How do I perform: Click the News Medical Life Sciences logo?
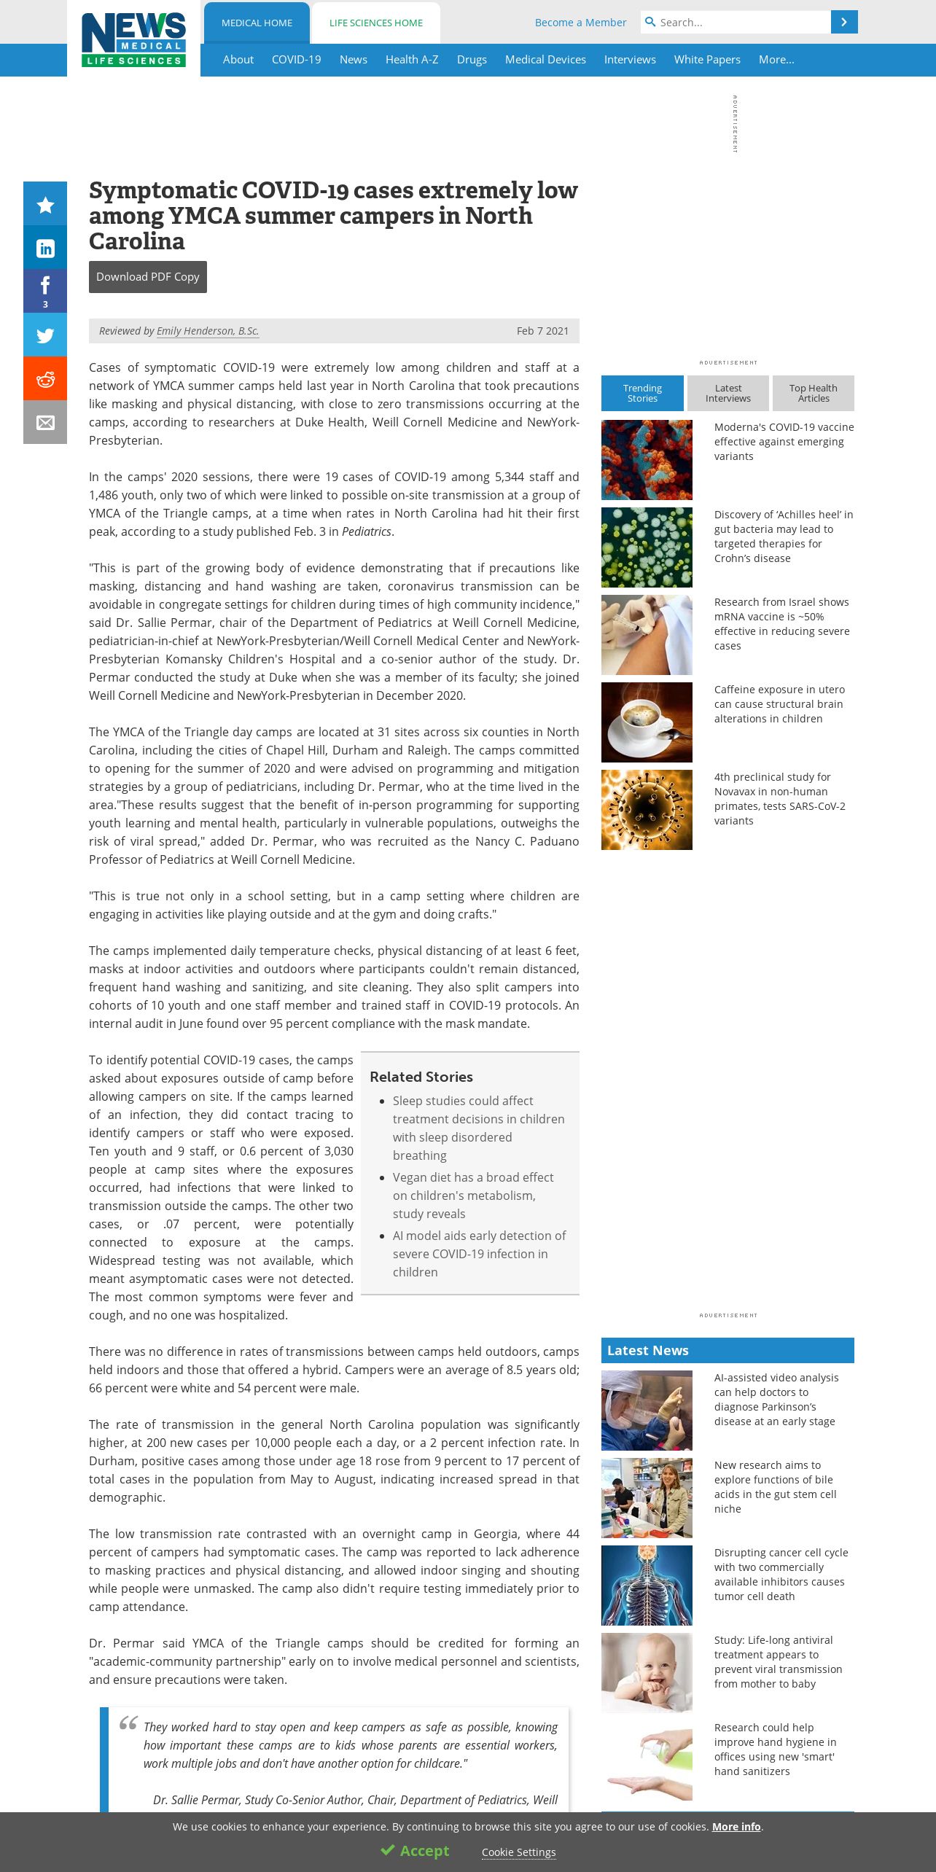(133, 39)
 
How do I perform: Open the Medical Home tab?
(257, 23)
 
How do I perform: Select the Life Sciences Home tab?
(375, 23)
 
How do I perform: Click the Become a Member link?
(580, 23)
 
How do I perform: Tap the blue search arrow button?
(844, 22)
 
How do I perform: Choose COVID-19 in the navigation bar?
(296, 60)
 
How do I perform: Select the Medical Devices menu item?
(545, 60)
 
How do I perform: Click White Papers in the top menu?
(707, 60)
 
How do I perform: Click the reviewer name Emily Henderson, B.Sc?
(208, 331)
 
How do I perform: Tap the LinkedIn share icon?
(45, 249)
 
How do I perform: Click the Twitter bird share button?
(45, 335)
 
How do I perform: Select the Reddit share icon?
(45, 379)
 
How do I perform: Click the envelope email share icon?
(45, 423)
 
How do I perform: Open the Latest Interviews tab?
(728, 394)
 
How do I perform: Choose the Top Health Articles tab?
(813, 394)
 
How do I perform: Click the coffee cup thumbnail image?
(647, 722)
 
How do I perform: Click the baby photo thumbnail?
(647, 1673)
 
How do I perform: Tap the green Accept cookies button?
(415, 1851)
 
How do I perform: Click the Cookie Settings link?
(518, 1852)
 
